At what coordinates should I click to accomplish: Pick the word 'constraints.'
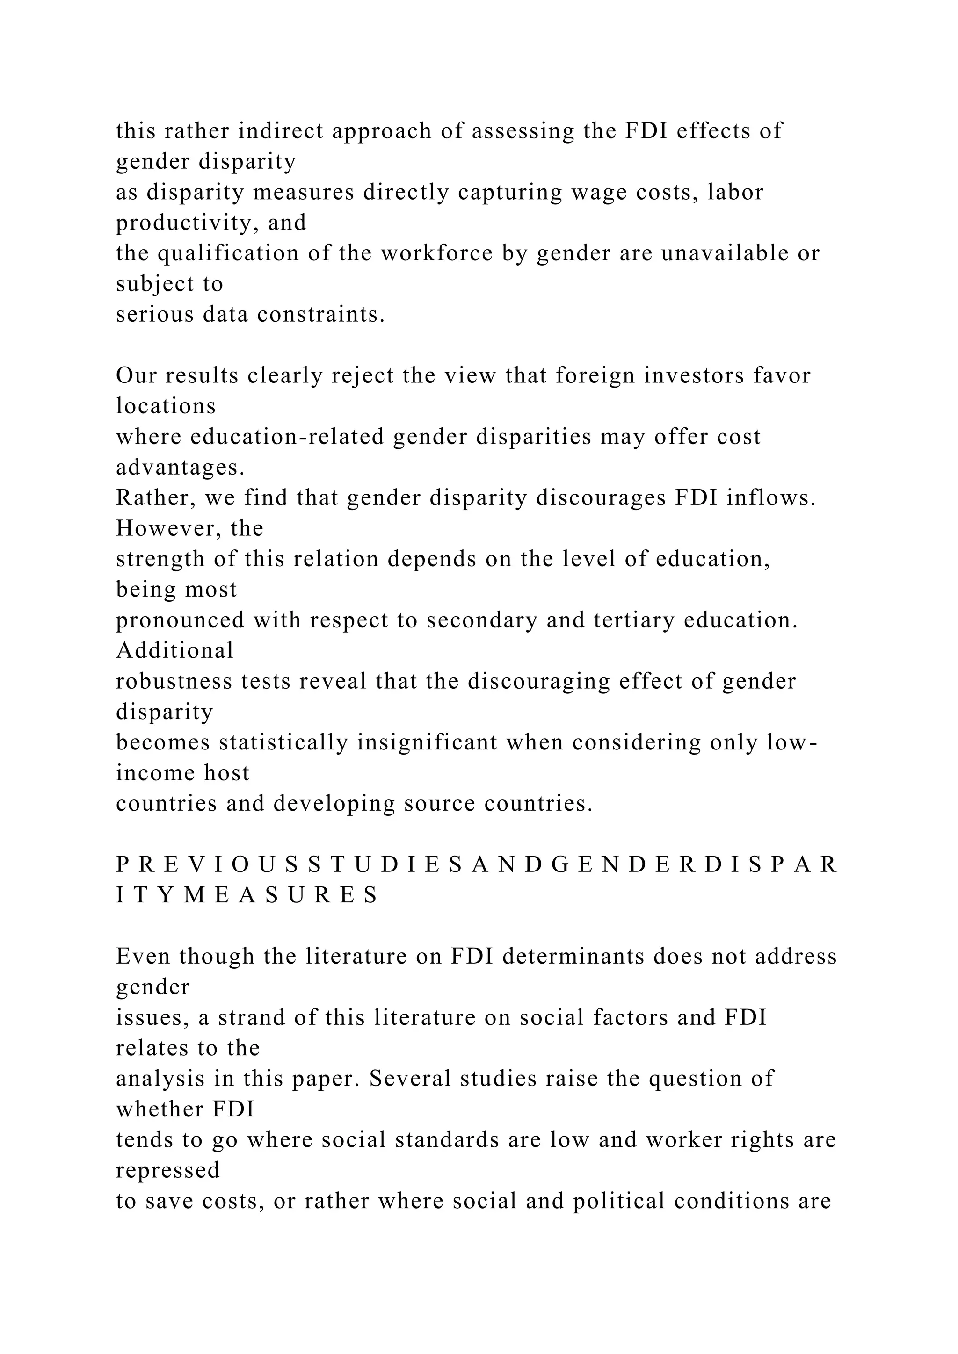tap(320, 315)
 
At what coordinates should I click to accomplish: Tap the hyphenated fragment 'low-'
tap(792, 742)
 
